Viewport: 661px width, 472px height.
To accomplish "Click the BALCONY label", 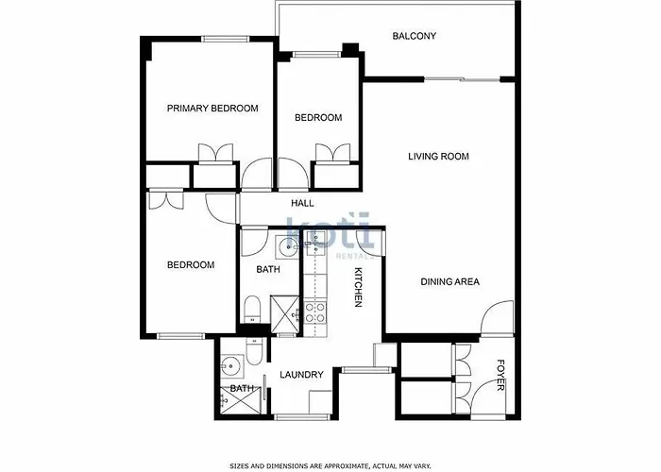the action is click(414, 36).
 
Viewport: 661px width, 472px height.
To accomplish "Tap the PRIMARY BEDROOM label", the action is click(212, 109).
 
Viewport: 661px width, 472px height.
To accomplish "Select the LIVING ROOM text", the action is click(438, 157).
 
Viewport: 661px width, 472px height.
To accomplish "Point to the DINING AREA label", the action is click(449, 281).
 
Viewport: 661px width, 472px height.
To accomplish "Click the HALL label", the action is click(302, 203).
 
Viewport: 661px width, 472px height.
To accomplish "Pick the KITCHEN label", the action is click(358, 287).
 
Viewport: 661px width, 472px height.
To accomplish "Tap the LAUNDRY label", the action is click(301, 374).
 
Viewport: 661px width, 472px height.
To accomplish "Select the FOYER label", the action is click(500, 375).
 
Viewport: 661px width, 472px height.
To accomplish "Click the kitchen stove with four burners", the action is click(315, 312).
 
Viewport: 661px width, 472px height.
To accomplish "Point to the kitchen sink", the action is click(315, 243).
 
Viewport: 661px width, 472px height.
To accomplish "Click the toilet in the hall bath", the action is click(252, 309).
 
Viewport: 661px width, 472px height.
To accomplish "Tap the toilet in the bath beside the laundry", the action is click(255, 351).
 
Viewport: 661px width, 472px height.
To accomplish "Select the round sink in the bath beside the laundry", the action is click(231, 366).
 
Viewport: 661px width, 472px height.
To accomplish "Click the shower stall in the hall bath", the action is click(285, 314).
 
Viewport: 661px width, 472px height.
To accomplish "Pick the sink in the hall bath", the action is click(288, 247).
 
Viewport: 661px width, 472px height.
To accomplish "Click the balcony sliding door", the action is click(462, 79).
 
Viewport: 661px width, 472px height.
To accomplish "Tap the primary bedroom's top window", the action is click(225, 40).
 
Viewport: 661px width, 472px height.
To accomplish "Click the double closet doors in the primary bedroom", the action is click(215, 153).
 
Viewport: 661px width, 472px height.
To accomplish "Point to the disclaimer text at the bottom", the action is click(330, 465).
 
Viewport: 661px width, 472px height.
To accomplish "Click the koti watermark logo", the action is click(330, 233).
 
